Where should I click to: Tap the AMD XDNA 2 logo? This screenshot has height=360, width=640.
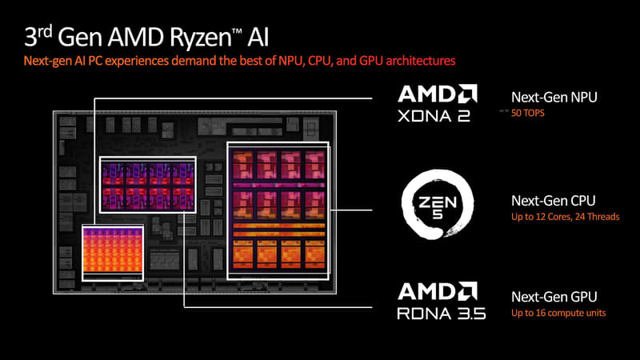pyautogui.click(x=438, y=106)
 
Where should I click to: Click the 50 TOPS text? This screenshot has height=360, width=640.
pyautogui.click(x=527, y=114)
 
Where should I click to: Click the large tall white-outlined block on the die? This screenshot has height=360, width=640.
pyautogui.click(x=278, y=210)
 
